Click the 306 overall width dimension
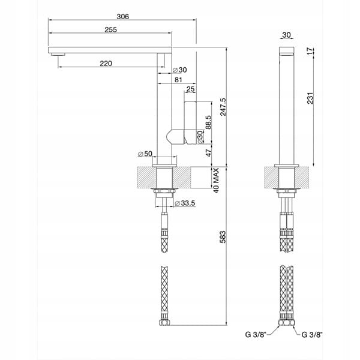point(123,17)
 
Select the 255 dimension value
point(110,30)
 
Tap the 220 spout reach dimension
point(106,64)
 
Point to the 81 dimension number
point(178,80)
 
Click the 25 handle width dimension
point(190,89)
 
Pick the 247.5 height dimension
point(223,107)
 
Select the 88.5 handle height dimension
point(208,122)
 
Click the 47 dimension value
point(208,153)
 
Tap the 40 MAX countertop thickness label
point(216,181)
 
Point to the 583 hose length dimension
point(223,237)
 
